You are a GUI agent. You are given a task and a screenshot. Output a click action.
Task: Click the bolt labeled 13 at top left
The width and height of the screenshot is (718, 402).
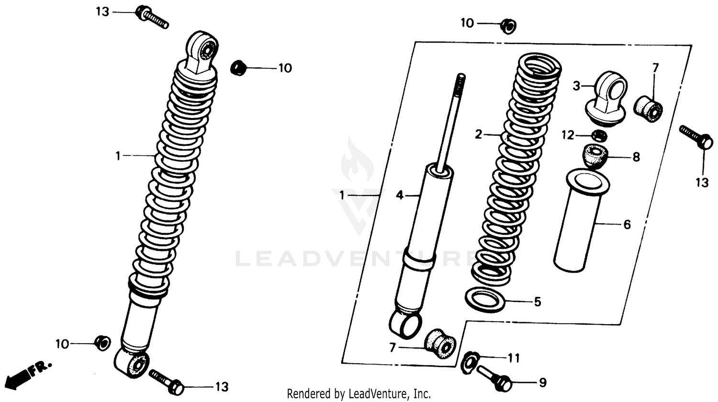pyautogui.click(x=151, y=17)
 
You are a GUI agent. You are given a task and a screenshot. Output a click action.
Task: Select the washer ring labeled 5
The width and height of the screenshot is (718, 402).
pyautogui.click(x=485, y=300)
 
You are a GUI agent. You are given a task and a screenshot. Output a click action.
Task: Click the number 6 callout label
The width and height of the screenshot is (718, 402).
pyautogui.click(x=627, y=224)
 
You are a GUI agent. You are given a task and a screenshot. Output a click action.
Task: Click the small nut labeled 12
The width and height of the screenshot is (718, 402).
pyautogui.click(x=599, y=135)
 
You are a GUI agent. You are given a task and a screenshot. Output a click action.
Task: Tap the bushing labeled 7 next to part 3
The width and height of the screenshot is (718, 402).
pyautogui.click(x=649, y=108)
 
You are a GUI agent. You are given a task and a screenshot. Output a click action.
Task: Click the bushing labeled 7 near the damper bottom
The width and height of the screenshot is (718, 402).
pyautogui.click(x=440, y=343)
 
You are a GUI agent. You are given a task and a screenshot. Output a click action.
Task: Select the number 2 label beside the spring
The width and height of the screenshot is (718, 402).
pyautogui.click(x=478, y=135)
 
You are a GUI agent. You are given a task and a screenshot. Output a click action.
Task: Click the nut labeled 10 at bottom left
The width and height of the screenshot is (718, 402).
pyautogui.click(x=102, y=343)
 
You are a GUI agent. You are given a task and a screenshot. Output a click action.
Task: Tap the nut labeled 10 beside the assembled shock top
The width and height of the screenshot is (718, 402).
pyautogui.click(x=238, y=67)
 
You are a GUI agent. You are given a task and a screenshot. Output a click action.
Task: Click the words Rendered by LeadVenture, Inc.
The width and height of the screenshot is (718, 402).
pyautogui.click(x=359, y=394)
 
